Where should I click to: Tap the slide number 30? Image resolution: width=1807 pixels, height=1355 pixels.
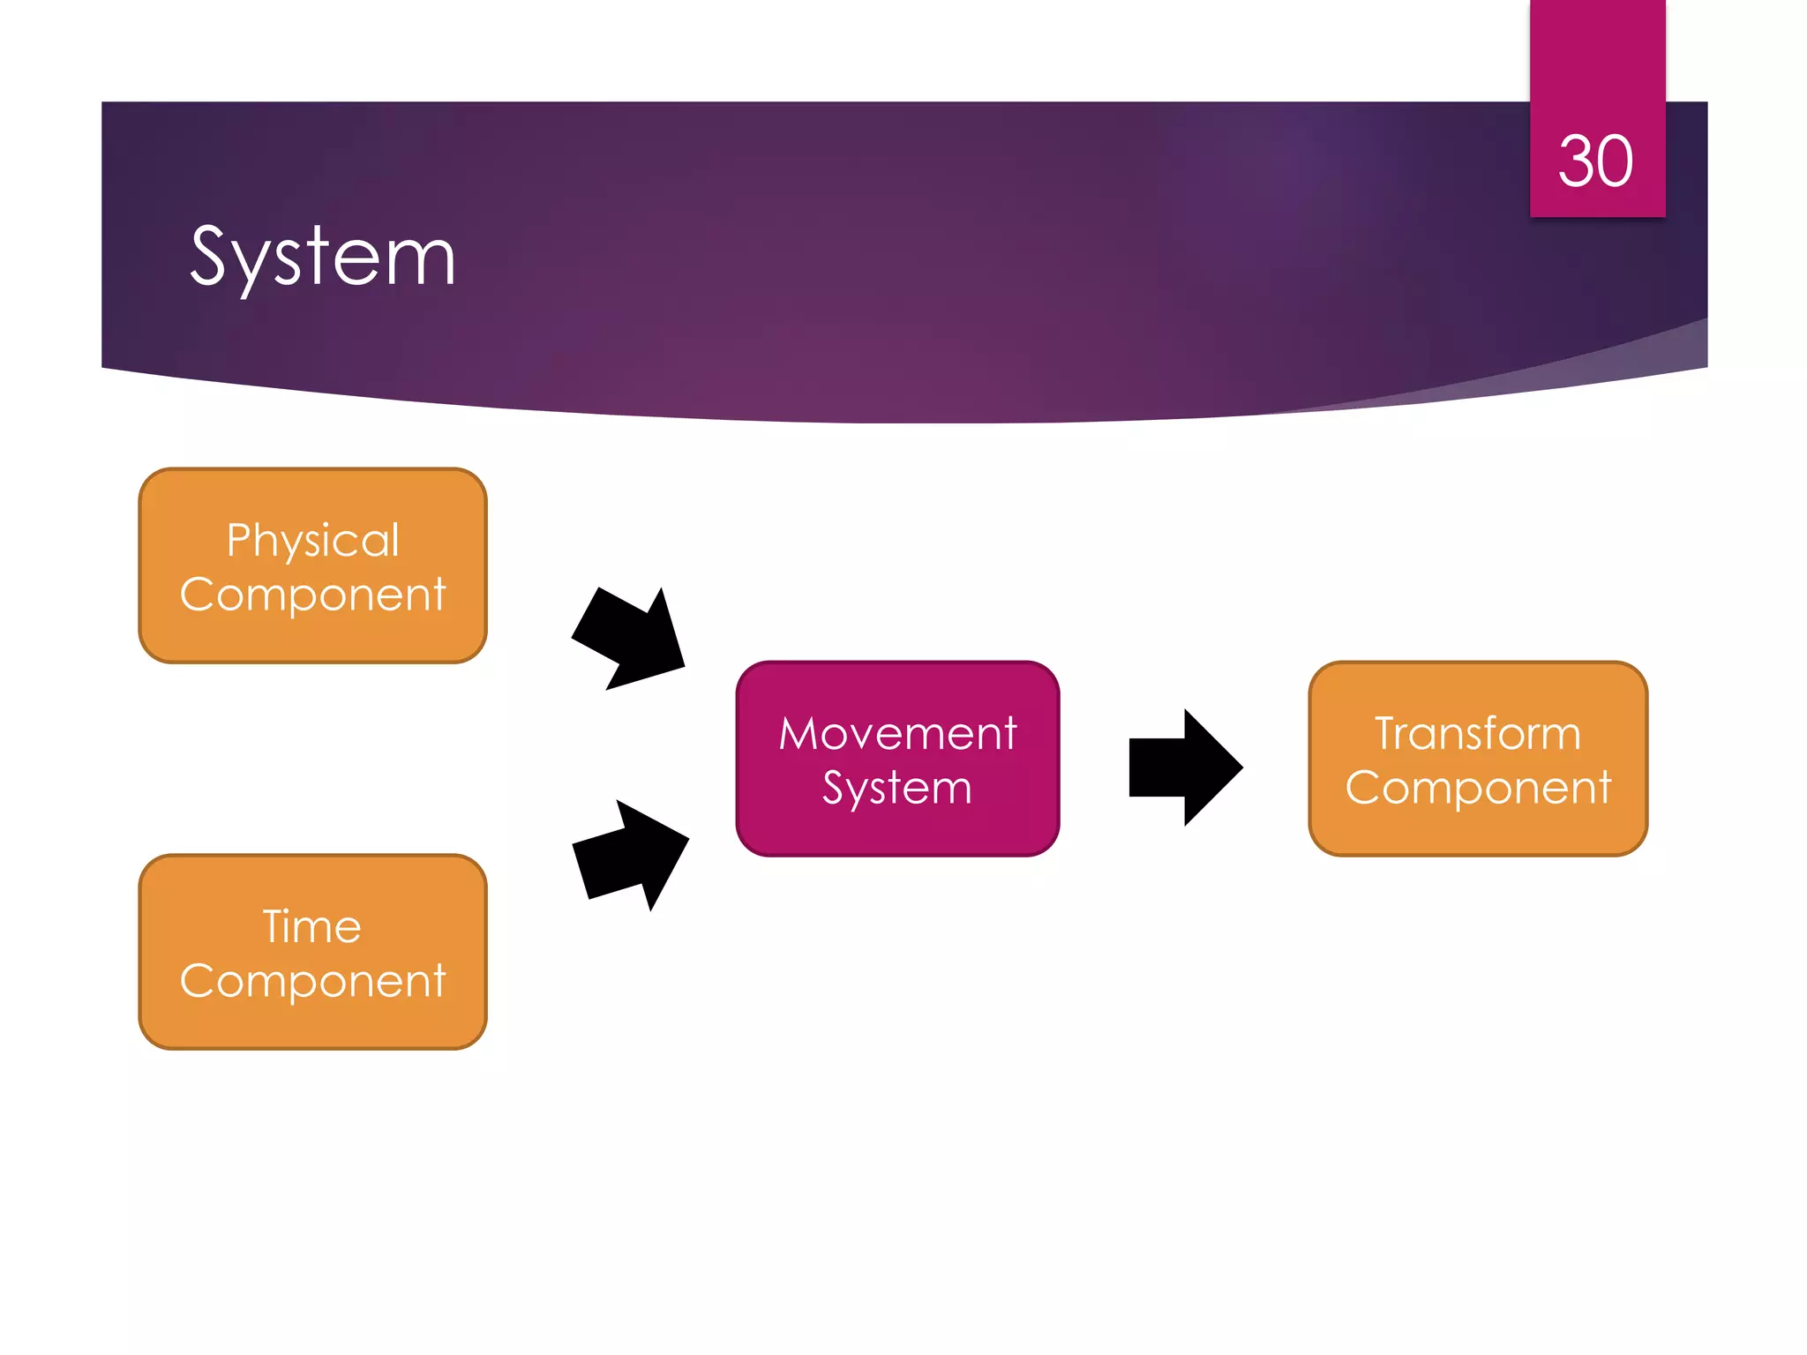[x=1595, y=161]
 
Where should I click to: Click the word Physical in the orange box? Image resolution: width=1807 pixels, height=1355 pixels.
[x=313, y=540]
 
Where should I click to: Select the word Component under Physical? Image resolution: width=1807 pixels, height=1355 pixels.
[x=313, y=595]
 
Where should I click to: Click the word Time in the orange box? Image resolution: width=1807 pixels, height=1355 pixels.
[x=312, y=926]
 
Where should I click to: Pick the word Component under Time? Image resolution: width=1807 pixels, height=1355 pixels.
[x=313, y=981]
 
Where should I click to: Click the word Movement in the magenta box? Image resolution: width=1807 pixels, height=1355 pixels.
[x=898, y=733]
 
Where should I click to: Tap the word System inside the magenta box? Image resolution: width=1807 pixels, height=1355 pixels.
[x=897, y=788]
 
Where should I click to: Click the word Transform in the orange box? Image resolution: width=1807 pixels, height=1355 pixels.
[x=1478, y=733]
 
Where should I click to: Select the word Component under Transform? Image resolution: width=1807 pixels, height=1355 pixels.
[x=1478, y=788]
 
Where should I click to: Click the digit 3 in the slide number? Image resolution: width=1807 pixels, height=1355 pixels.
[x=1576, y=161]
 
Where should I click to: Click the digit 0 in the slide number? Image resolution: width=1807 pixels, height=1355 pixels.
[x=1615, y=161]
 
